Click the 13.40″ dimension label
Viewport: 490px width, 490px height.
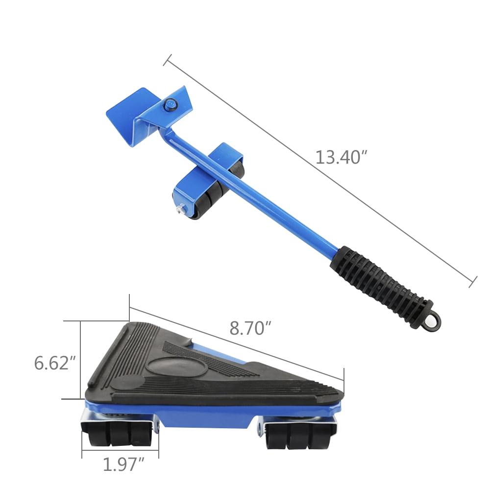341,157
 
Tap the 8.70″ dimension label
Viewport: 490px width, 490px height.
250,328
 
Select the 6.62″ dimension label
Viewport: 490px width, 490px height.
55,363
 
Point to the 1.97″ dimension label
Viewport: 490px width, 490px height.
123,465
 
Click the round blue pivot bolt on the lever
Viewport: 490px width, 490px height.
171,104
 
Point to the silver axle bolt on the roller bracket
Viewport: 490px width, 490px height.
181,209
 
